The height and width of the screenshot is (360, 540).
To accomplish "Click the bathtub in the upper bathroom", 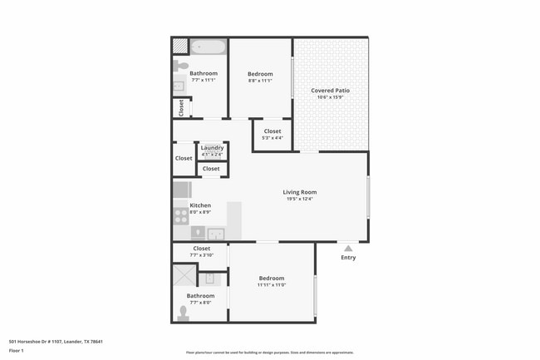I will point(208,47).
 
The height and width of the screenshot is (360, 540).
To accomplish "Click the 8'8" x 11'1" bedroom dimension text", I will point(260,81).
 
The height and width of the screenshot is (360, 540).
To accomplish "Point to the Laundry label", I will point(212,148).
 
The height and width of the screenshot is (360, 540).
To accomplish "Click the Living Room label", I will point(300,192).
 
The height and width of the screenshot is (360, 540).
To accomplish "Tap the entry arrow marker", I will point(348,247).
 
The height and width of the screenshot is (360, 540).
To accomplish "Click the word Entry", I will point(348,258).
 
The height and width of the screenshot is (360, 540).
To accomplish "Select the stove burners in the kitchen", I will point(180,215).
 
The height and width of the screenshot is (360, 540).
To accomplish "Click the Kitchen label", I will point(200,205).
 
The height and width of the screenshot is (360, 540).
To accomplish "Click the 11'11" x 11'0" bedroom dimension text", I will point(272,285).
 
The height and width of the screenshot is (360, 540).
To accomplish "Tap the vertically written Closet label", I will point(180,108).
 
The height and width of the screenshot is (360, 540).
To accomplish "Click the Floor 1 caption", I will point(17,352).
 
